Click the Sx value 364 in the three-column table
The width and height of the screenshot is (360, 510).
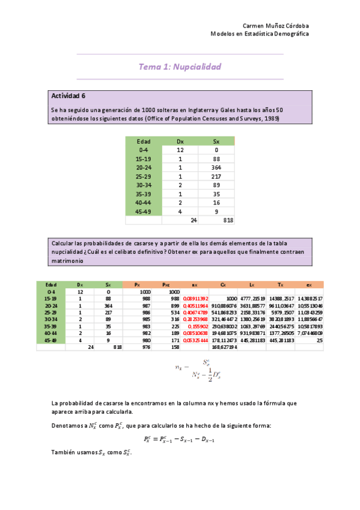[216, 168]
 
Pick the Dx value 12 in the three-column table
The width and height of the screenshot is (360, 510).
[180, 150]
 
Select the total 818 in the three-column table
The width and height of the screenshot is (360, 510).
[228, 221]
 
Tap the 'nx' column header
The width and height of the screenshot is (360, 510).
[195, 284]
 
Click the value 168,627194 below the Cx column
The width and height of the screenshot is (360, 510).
[225, 347]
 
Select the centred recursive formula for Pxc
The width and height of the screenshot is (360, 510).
[180, 438]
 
